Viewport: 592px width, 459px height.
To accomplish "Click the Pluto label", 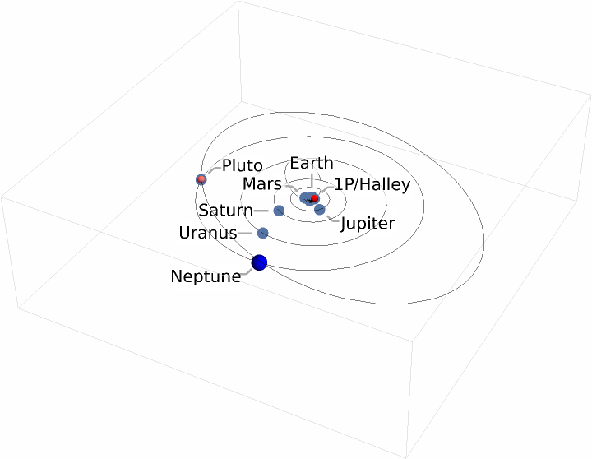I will click(x=243, y=166).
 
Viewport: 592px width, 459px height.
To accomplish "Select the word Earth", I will click(x=312, y=163).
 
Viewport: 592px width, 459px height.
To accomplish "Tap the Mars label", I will click(x=262, y=184).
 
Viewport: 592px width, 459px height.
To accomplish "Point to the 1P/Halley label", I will click(x=372, y=184).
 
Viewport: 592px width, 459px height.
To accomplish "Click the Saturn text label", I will click(x=225, y=211).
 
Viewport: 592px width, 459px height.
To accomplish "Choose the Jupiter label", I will click(x=368, y=224).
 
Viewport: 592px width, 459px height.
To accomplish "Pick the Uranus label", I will click(x=207, y=234).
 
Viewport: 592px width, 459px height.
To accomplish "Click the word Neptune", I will click(x=206, y=276).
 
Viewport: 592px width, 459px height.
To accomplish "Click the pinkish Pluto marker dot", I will click(x=201, y=179).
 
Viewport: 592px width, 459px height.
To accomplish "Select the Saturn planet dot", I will click(x=279, y=211).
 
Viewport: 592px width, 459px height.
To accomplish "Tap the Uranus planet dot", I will click(x=263, y=234).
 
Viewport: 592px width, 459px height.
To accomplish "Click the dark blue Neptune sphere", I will click(x=260, y=262).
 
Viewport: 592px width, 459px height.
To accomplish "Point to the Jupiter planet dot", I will click(x=320, y=210).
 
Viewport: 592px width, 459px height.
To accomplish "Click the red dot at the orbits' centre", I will click(x=314, y=198).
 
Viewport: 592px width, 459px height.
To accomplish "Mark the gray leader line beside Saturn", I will click(x=262, y=211).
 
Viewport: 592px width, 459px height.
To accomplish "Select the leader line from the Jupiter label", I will click(x=332, y=219).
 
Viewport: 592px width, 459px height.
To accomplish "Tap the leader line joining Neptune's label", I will click(x=247, y=271).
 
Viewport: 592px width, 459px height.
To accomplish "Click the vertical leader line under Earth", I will click(x=311, y=183).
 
